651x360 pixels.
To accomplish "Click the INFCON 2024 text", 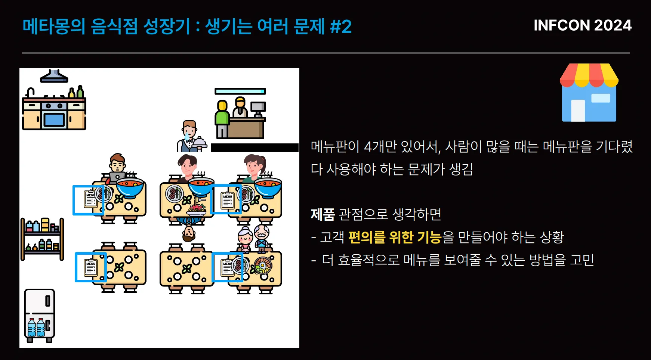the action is point(582,25).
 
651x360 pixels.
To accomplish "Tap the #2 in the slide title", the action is point(341,27).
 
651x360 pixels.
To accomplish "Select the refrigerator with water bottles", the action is point(40,316).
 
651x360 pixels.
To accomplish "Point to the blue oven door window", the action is point(55,120).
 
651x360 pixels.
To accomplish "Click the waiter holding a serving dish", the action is point(191,136).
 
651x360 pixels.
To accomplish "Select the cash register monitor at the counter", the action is point(258,108).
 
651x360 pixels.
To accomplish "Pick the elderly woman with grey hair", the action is point(245,239).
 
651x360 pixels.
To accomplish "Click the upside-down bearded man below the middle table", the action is point(189,230).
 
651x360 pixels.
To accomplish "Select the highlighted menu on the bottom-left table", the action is point(91,267).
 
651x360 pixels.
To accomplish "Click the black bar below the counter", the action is point(254,148).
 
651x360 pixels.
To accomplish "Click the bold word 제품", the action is point(323,214).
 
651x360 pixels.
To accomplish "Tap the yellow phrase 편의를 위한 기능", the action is point(395,237).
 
